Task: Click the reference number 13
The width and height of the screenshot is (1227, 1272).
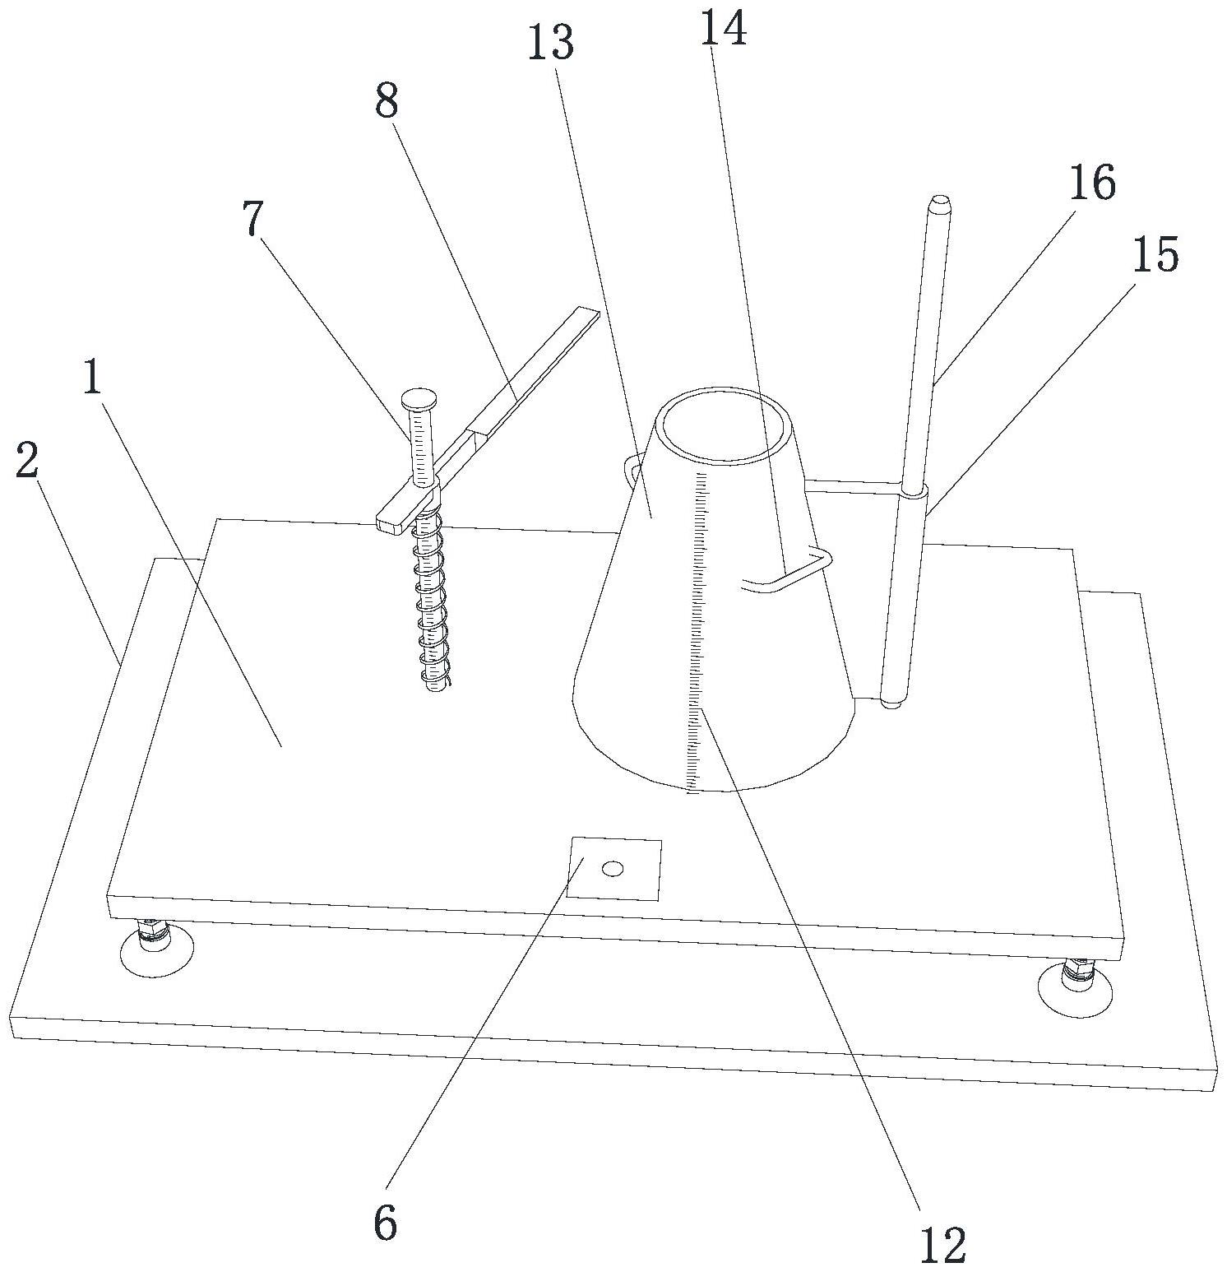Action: click(551, 43)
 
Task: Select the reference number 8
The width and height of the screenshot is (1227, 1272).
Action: click(387, 103)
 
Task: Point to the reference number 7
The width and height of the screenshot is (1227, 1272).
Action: click(253, 220)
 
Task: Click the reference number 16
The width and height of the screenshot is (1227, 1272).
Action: click(1092, 183)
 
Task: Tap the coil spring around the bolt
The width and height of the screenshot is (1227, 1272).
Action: click(432, 601)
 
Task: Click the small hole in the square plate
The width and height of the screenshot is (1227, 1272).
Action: click(613, 868)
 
